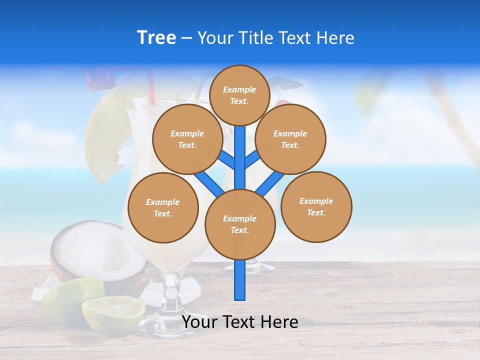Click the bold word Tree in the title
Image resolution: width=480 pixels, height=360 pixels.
(156, 38)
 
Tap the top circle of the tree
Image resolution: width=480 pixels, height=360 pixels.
(239, 95)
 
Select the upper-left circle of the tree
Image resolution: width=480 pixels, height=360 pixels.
(187, 139)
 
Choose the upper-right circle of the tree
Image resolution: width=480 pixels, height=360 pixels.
(290, 139)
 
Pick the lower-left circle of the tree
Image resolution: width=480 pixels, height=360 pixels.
(163, 207)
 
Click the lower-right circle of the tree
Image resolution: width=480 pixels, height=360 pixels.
(316, 206)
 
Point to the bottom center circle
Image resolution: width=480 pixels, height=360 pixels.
(240, 224)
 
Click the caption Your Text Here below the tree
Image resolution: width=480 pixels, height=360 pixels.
(240, 322)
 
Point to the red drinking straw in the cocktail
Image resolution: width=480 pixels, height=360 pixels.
(149, 85)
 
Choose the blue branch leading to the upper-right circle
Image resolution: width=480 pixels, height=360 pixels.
(253, 159)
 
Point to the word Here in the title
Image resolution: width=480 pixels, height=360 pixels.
(337, 38)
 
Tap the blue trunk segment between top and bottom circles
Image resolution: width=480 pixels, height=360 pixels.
(240, 157)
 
